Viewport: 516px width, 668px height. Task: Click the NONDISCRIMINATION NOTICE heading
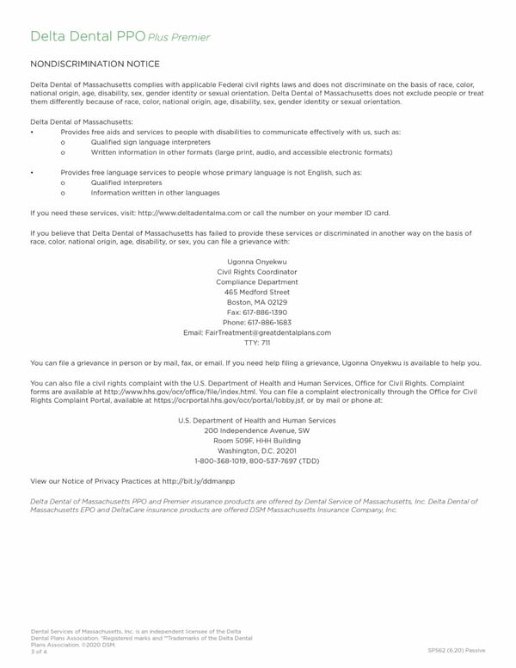pyautogui.click(x=95, y=65)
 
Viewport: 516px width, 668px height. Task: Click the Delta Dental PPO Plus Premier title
pyautogui.click(x=120, y=37)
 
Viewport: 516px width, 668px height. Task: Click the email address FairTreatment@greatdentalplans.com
pyautogui.click(x=257, y=332)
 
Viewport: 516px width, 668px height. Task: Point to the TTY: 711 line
pyautogui.click(x=257, y=343)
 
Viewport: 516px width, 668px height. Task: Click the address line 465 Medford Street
pyautogui.click(x=257, y=293)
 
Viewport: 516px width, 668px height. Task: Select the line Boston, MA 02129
pyautogui.click(x=257, y=302)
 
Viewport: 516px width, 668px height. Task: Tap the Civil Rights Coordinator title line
pyautogui.click(x=257, y=272)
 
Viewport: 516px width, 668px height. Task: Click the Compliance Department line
pyautogui.click(x=257, y=282)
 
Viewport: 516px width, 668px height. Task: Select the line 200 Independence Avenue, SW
pyautogui.click(x=257, y=430)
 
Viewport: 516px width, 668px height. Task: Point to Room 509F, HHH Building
pyautogui.click(x=257, y=441)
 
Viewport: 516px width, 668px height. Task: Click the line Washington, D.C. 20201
pyautogui.click(x=257, y=450)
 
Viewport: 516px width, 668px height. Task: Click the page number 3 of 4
pyautogui.click(x=39, y=652)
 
